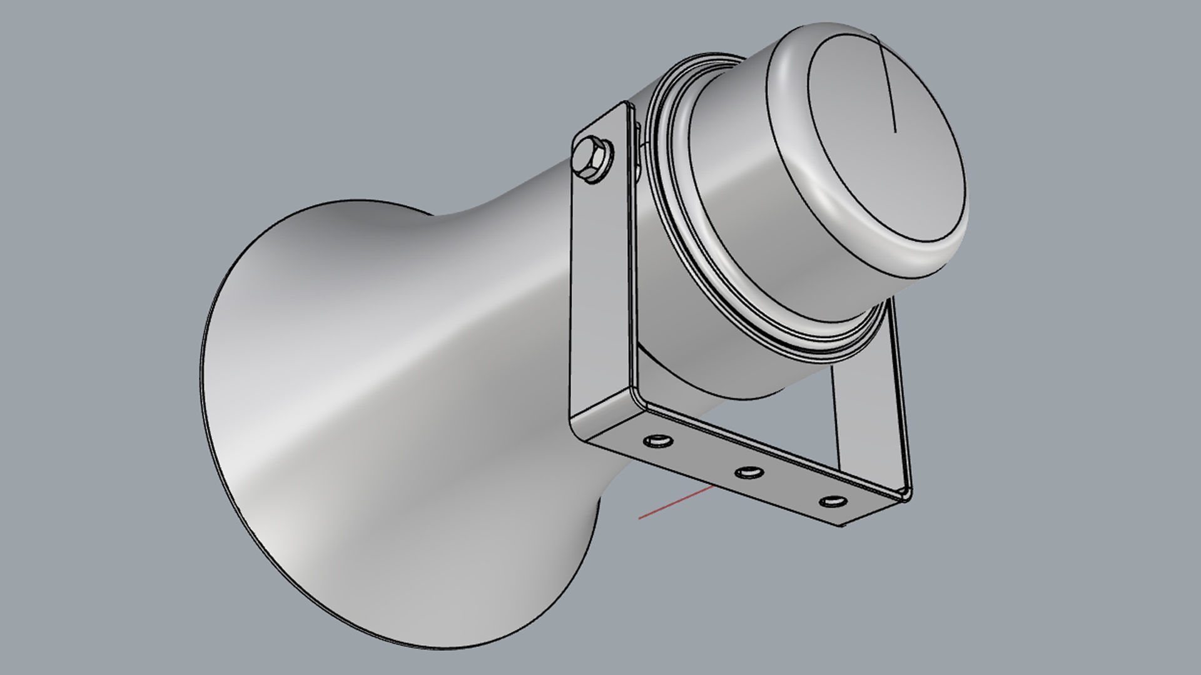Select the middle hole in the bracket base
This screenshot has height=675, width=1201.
pos(747,472)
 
